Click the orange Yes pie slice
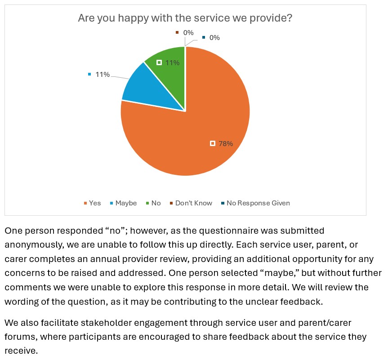193,135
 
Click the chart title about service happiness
185,18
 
